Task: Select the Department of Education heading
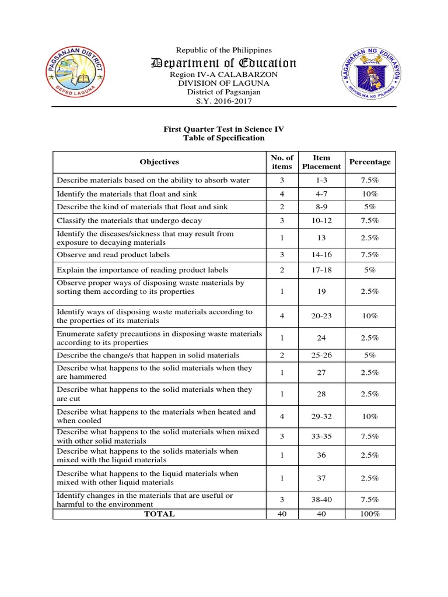(224, 63)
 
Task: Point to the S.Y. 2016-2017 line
(224, 101)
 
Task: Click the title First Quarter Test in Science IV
(223, 129)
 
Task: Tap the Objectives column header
(159, 161)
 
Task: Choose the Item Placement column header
(321, 161)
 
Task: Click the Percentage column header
(369, 161)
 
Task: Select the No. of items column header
(282, 161)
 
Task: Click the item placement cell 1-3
(321, 180)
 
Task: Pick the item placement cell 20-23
(321, 316)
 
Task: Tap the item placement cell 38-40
(321, 500)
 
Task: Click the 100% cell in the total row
(369, 514)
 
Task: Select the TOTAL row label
(159, 514)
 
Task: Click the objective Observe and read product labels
(113, 255)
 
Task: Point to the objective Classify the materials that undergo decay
(130, 220)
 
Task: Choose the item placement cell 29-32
(321, 416)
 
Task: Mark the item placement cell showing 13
(321, 238)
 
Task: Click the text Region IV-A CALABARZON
(224, 75)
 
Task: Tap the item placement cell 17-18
(321, 270)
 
